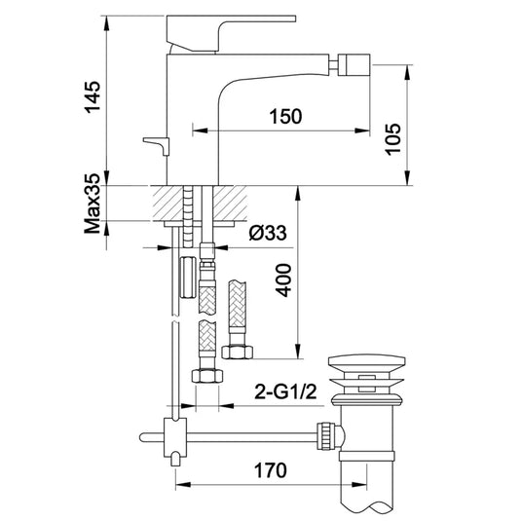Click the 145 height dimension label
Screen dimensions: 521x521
click(x=93, y=97)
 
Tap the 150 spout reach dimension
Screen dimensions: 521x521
click(x=285, y=116)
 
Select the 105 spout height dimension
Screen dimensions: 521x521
click(x=392, y=139)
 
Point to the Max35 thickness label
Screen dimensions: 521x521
click(x=93, y=204)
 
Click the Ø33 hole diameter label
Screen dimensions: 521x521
click(x=268, y=233)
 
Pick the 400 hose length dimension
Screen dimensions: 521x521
click(x=283, y=280)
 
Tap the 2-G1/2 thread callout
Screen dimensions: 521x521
click(x=285, y=391)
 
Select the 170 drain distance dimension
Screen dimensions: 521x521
click(x=271, y=470)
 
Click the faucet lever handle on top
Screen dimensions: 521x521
click(x=231, y=33)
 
